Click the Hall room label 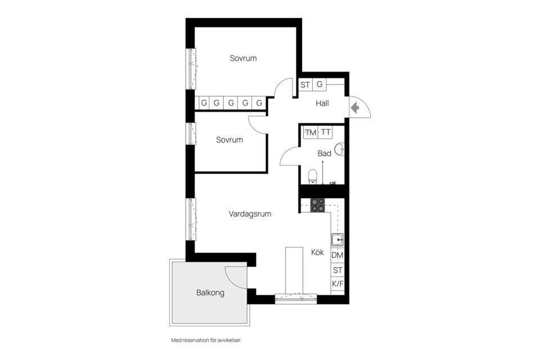pos(322,103)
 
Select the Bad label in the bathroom pos(324,153)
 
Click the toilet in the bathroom pos(314,176)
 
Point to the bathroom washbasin pos(339,150)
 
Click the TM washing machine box pos(310,133)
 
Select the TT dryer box pos(326,133)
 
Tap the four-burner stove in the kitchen pos(318,205)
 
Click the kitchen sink pos(337,240)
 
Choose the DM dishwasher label pos(337,255)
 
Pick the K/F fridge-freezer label pos(337,284)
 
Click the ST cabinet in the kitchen pos(337,270)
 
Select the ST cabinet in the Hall pos(305,85)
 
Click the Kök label pos(318,253)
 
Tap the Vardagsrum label pos(250,214)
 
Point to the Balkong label pos(210,292)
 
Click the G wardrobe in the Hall pos(319,85)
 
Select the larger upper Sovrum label pos(243,58)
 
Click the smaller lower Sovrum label pos(229,139)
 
